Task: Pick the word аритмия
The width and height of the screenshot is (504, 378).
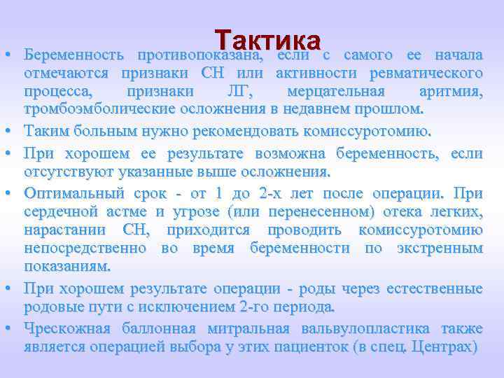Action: [451, 92]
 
